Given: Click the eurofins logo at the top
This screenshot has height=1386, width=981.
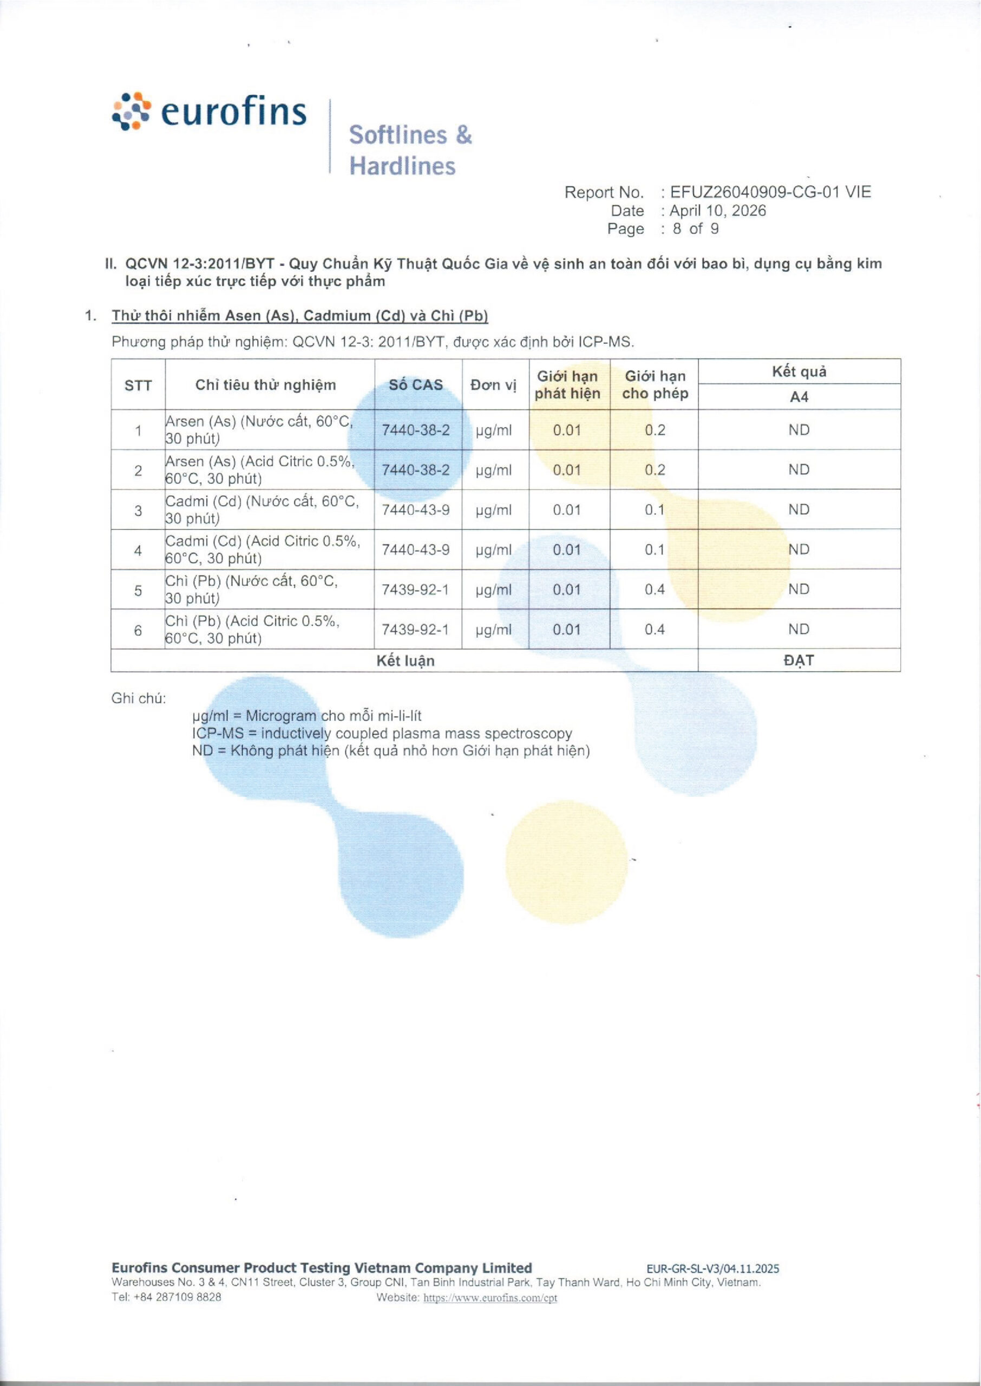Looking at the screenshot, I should (210, 112).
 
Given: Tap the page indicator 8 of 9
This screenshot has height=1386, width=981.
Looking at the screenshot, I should (695, 229).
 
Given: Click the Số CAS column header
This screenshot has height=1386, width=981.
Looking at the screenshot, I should (416, 385).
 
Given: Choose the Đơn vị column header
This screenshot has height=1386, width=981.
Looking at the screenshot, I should (494, 385).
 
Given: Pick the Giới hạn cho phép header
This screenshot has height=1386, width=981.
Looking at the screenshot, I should (655, 385).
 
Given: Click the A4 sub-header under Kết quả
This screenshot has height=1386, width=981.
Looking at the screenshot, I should (799, 397).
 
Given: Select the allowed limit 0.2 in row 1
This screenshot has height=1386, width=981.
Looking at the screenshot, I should (655, 430).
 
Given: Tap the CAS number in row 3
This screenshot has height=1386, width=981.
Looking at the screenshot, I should (416, 509).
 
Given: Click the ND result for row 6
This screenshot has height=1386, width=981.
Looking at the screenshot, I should (799, 629).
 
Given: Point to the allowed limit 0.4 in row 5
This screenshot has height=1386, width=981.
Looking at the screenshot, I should (655, 590).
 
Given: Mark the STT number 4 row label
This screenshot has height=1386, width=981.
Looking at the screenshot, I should (139, 550).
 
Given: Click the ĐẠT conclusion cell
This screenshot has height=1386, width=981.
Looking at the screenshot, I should (799, 660).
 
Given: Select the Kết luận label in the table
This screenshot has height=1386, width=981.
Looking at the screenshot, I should (406, 661).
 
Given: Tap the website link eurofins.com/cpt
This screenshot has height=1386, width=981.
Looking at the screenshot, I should (490, 1297).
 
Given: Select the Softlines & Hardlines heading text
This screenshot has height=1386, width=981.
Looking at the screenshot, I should (410, 150).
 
